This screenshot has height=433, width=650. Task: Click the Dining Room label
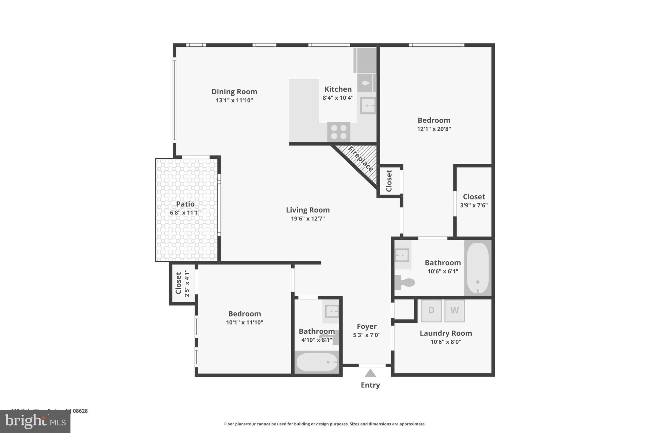(x=234, y=92)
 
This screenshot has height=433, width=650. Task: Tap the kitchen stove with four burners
(x=339, y=132)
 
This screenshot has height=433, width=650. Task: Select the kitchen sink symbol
(x=368, y=105)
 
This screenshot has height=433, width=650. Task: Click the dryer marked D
(x=431, y=311)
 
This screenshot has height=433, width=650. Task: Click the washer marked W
(x=454, y=311)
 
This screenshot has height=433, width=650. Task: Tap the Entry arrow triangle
(x=370, y=373)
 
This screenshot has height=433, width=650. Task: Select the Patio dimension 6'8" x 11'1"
(x=185, y=213)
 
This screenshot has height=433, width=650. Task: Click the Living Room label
(x=308, y=210)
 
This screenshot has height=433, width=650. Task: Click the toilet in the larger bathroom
(x=406, y=282)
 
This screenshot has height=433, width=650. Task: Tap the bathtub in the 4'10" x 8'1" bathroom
(x=317, y=362)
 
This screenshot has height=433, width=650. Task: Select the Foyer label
(x=367, y=326)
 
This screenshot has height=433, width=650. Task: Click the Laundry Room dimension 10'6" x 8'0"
(x=446, y=342)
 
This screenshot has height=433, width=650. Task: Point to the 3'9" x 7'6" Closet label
(x=474, y=197)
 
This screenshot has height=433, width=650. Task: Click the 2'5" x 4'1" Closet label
(x=178, y=283)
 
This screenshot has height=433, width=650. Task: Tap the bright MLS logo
(x=35, y=421)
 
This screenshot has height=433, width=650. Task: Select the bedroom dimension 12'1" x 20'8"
(x=434, y=129)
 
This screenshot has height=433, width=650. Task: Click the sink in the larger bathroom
(x=402, y=255)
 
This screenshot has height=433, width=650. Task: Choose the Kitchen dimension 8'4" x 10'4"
(x=338, y=98)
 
